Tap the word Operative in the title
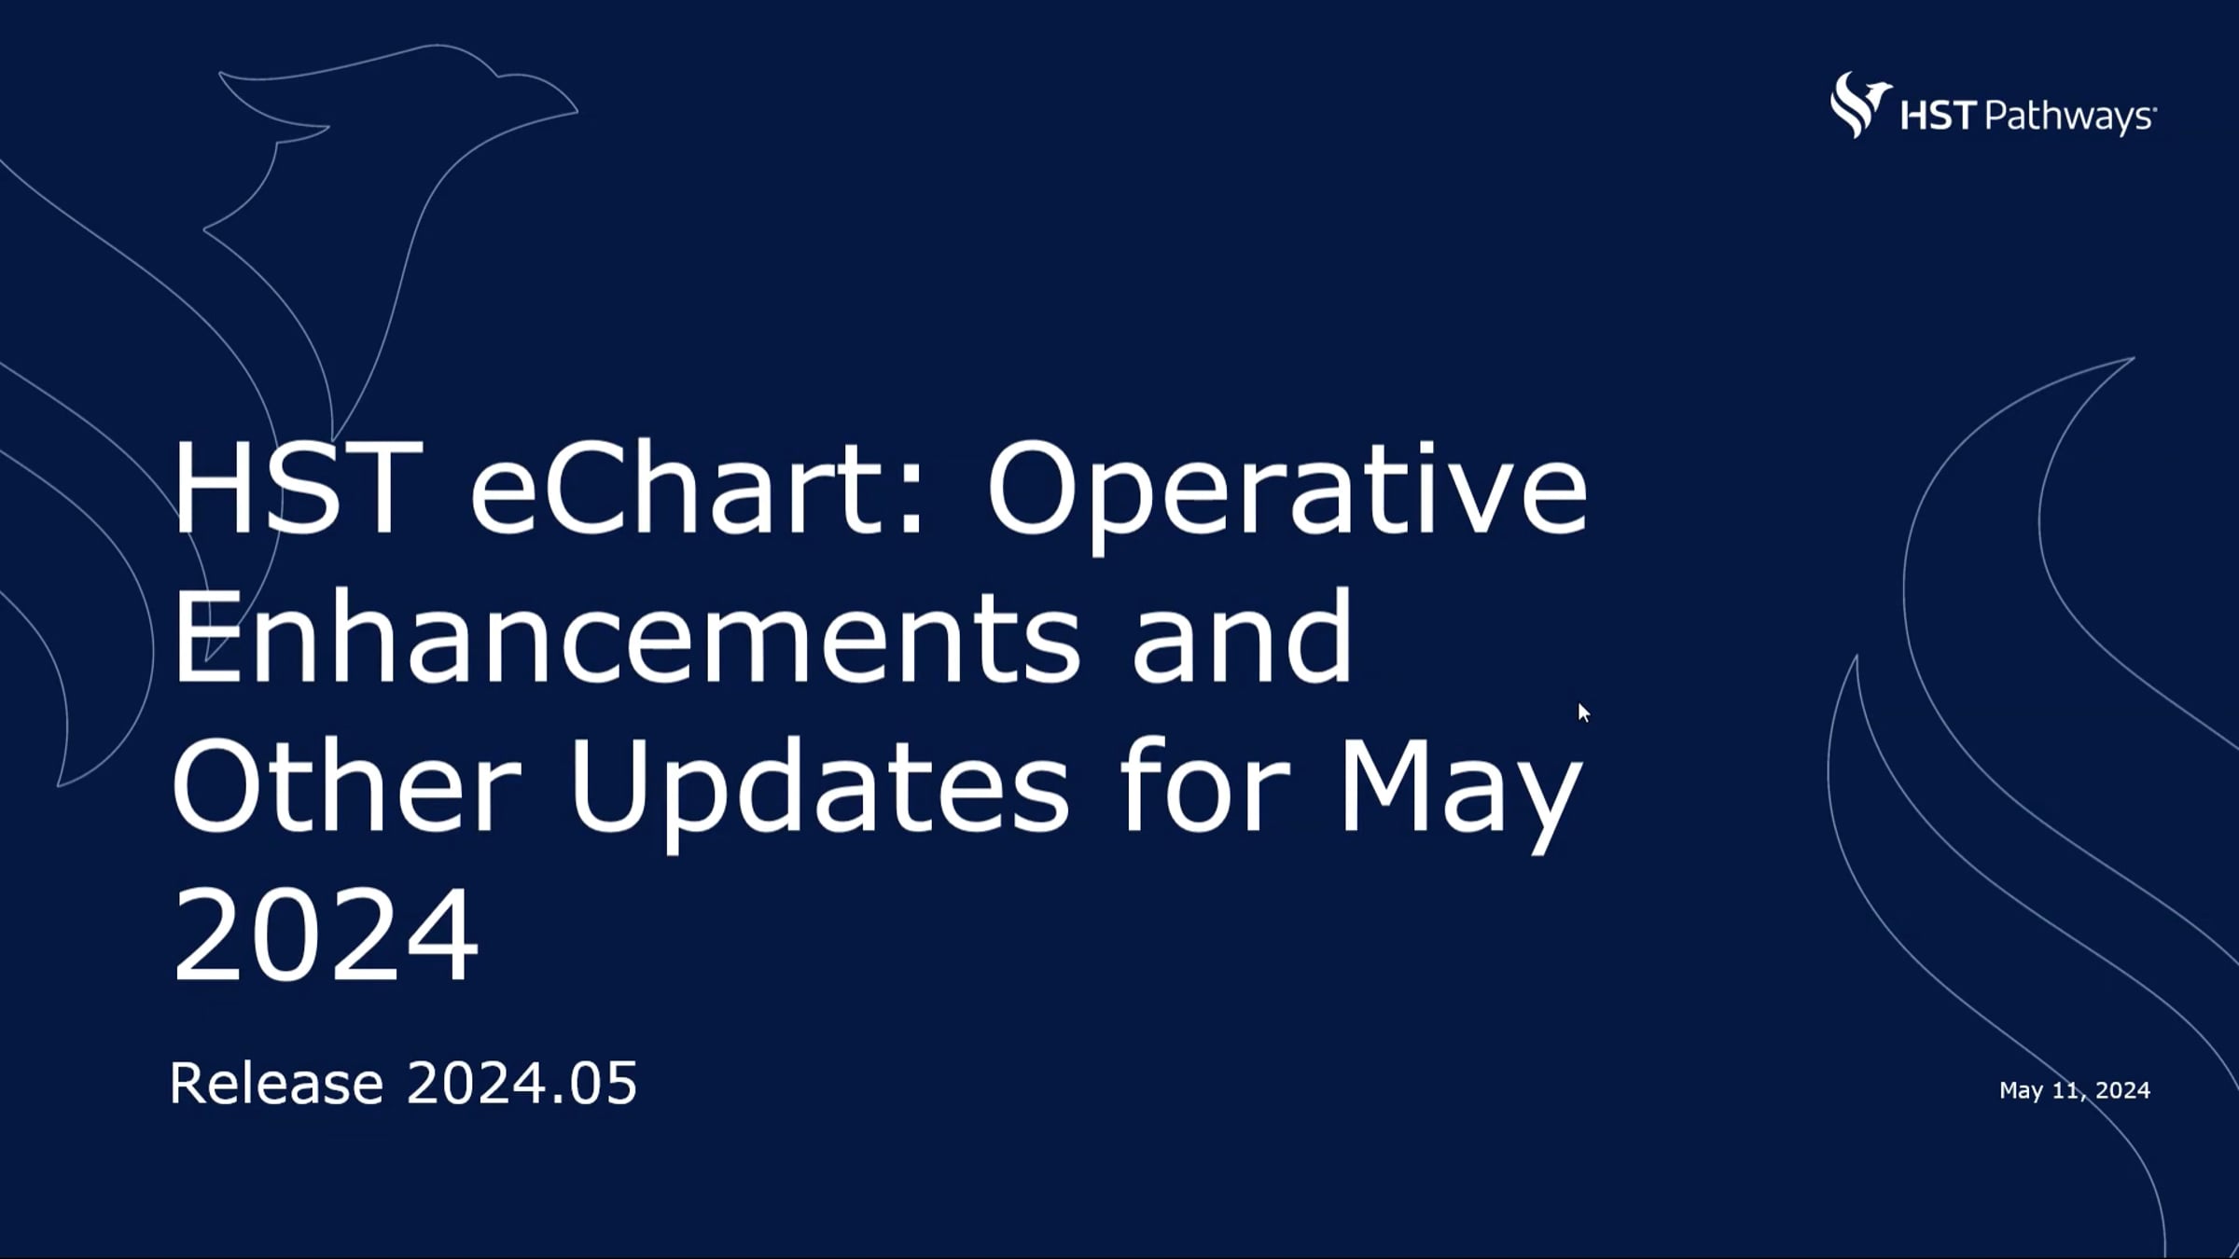click(1286, 494)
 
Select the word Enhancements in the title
click(626, 640)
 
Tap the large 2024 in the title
click(325, 934)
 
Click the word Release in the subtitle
click(276, 1084)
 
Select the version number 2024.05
click(522, 1084)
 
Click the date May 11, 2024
click(2074, 1090)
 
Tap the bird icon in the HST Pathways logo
click(1858, 105)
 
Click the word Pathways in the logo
click(2068, 118)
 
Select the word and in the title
click(1241, 640)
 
